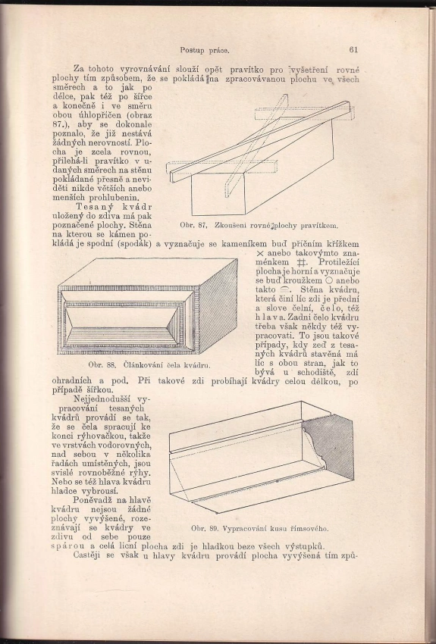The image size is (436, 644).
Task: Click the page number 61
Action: (x=353, y=50)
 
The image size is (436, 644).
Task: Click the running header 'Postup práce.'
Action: (x=204, y=51)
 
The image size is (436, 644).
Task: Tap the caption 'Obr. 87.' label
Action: (x=193, y=226)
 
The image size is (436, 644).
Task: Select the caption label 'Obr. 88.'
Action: (x=101, y=364)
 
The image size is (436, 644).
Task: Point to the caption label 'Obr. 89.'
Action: (x=204, y=529)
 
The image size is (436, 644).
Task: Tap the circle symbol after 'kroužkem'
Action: (x=328, y=281)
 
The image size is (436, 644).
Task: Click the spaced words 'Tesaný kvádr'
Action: (x=114, y=207)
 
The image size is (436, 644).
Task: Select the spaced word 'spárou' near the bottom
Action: (x=68, y=547)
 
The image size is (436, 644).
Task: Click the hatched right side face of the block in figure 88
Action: (x=218, y=306)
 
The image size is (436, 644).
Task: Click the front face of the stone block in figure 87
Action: (x=218, y=193)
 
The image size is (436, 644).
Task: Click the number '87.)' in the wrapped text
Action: (x=59, y=124)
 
